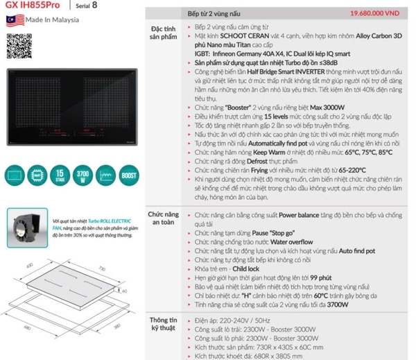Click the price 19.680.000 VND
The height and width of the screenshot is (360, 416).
(x=372, y=12)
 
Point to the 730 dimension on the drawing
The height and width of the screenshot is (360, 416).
(x=101, y=268)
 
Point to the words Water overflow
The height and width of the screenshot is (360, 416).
(x=292, y=241)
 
